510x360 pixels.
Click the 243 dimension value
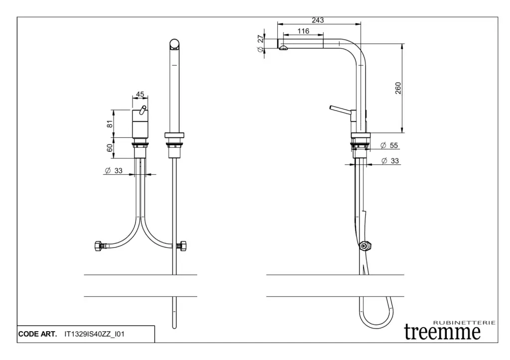(318, 20)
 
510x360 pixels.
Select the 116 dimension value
(303, 31)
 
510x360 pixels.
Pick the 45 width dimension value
(140, 94)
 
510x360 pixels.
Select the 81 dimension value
(110, 123)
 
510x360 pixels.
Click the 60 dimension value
(110, 148)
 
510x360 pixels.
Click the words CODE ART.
(37, 334)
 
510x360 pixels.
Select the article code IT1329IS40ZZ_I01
(94, 334)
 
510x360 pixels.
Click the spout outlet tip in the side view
(283, 48)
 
